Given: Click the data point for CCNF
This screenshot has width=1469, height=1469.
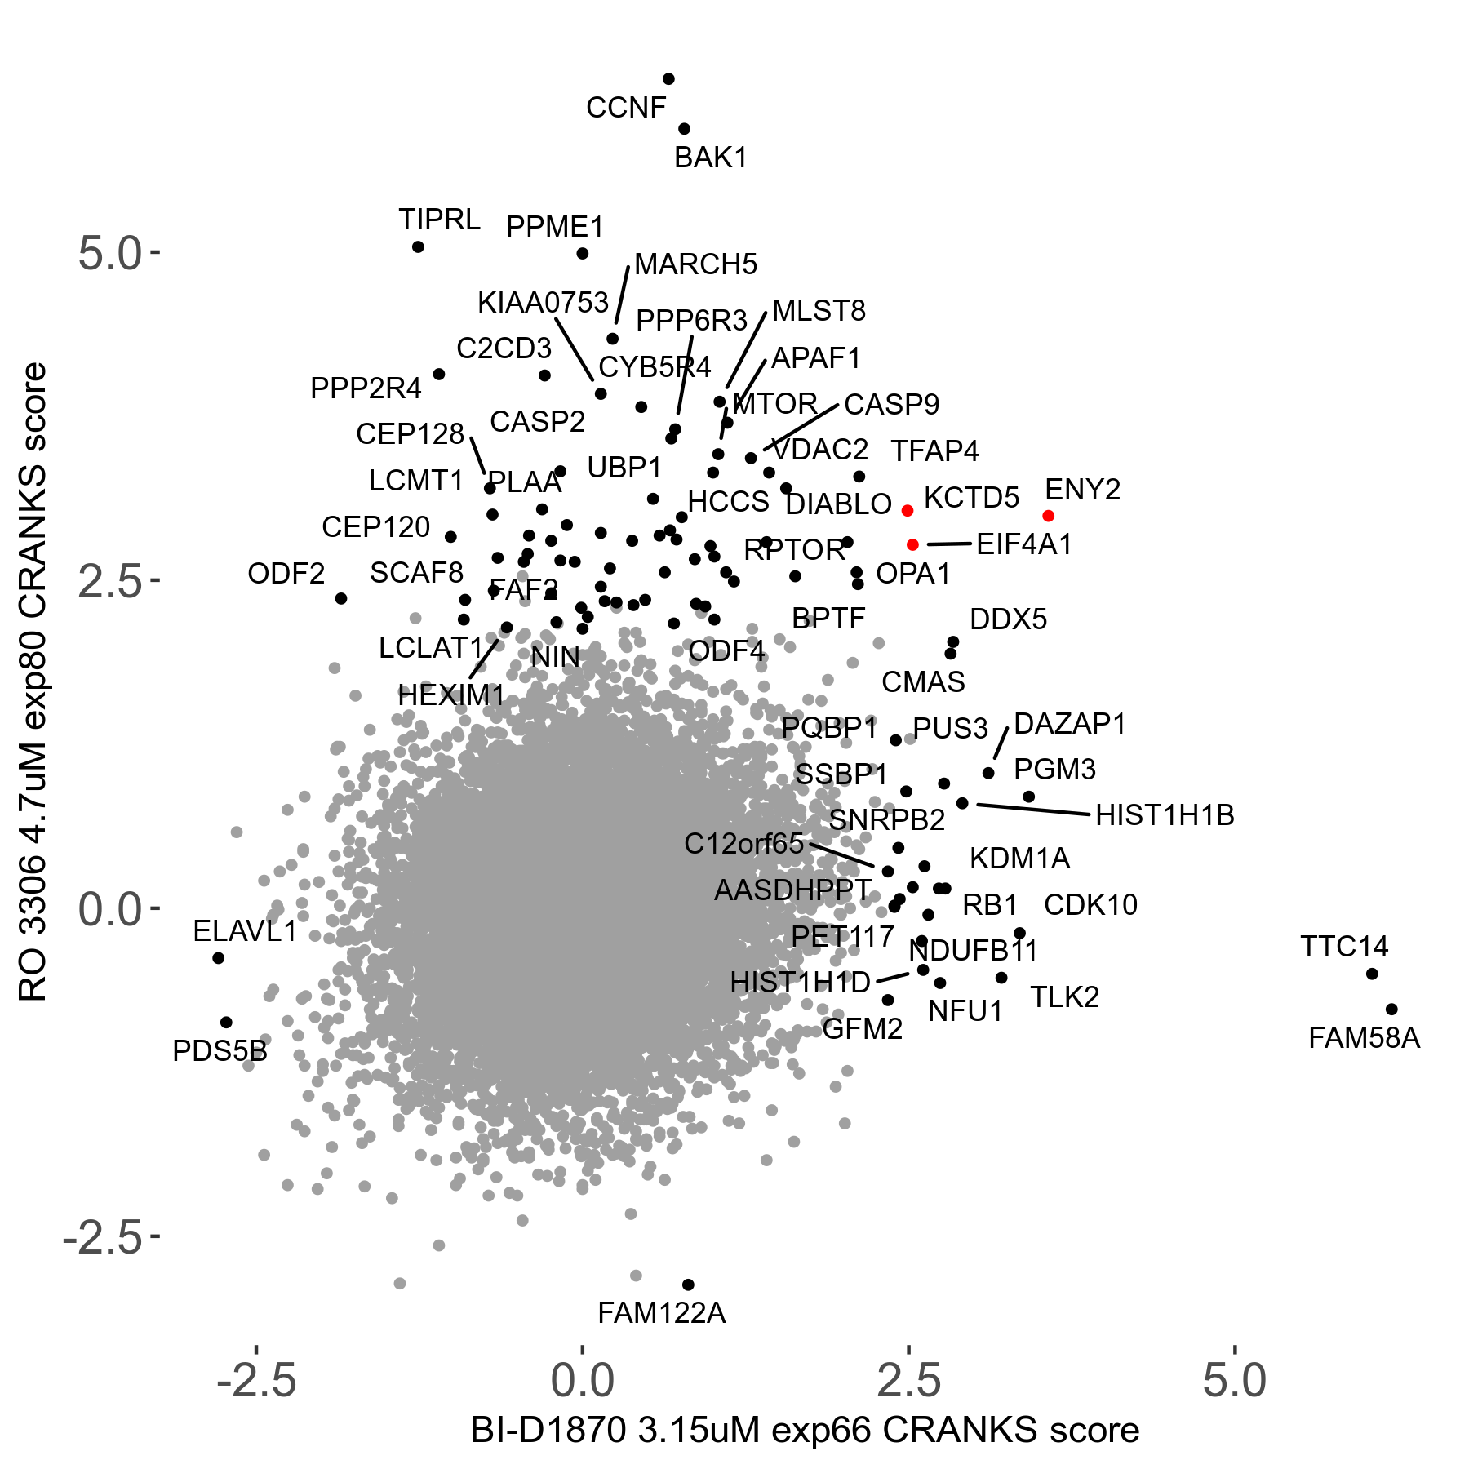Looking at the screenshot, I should click(x=668, y=79).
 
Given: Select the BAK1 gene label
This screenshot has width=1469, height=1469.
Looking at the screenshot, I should click(x=711, y=158).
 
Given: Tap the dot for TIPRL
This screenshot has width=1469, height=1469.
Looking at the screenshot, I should click(x=418, y=246).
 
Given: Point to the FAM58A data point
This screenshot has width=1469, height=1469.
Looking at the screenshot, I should click(x=1391, y=1009).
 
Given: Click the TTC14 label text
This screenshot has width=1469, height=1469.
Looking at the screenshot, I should click(x=1344, y=947).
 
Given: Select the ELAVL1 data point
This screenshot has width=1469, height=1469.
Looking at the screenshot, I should click(x=218, y=957).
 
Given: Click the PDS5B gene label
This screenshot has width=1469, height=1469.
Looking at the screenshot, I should click(x=220, y=1051).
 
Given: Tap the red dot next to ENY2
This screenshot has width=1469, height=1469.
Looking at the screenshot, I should click(x=1049, y=516).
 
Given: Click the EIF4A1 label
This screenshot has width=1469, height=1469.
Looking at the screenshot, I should click(x=1024, y=544).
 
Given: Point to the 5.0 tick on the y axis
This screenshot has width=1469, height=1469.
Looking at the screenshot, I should click(x=109, y=254).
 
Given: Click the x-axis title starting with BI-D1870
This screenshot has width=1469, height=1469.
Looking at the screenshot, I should click(x=805, y=1430).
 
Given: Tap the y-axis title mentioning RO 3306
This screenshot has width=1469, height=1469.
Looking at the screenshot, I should click(x=33, y=682).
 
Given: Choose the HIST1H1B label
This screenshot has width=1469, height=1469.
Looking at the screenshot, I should click(x=1165, y=815).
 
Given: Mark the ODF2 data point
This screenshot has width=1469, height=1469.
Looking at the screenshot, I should click(x=341, y=598).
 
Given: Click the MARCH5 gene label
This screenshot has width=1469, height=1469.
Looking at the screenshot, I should click(x=695, y=264).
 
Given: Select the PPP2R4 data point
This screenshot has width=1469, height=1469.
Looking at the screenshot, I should click(x=438, y=374).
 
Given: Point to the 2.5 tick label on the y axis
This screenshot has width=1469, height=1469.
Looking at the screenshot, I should click(x=109, y=581).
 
